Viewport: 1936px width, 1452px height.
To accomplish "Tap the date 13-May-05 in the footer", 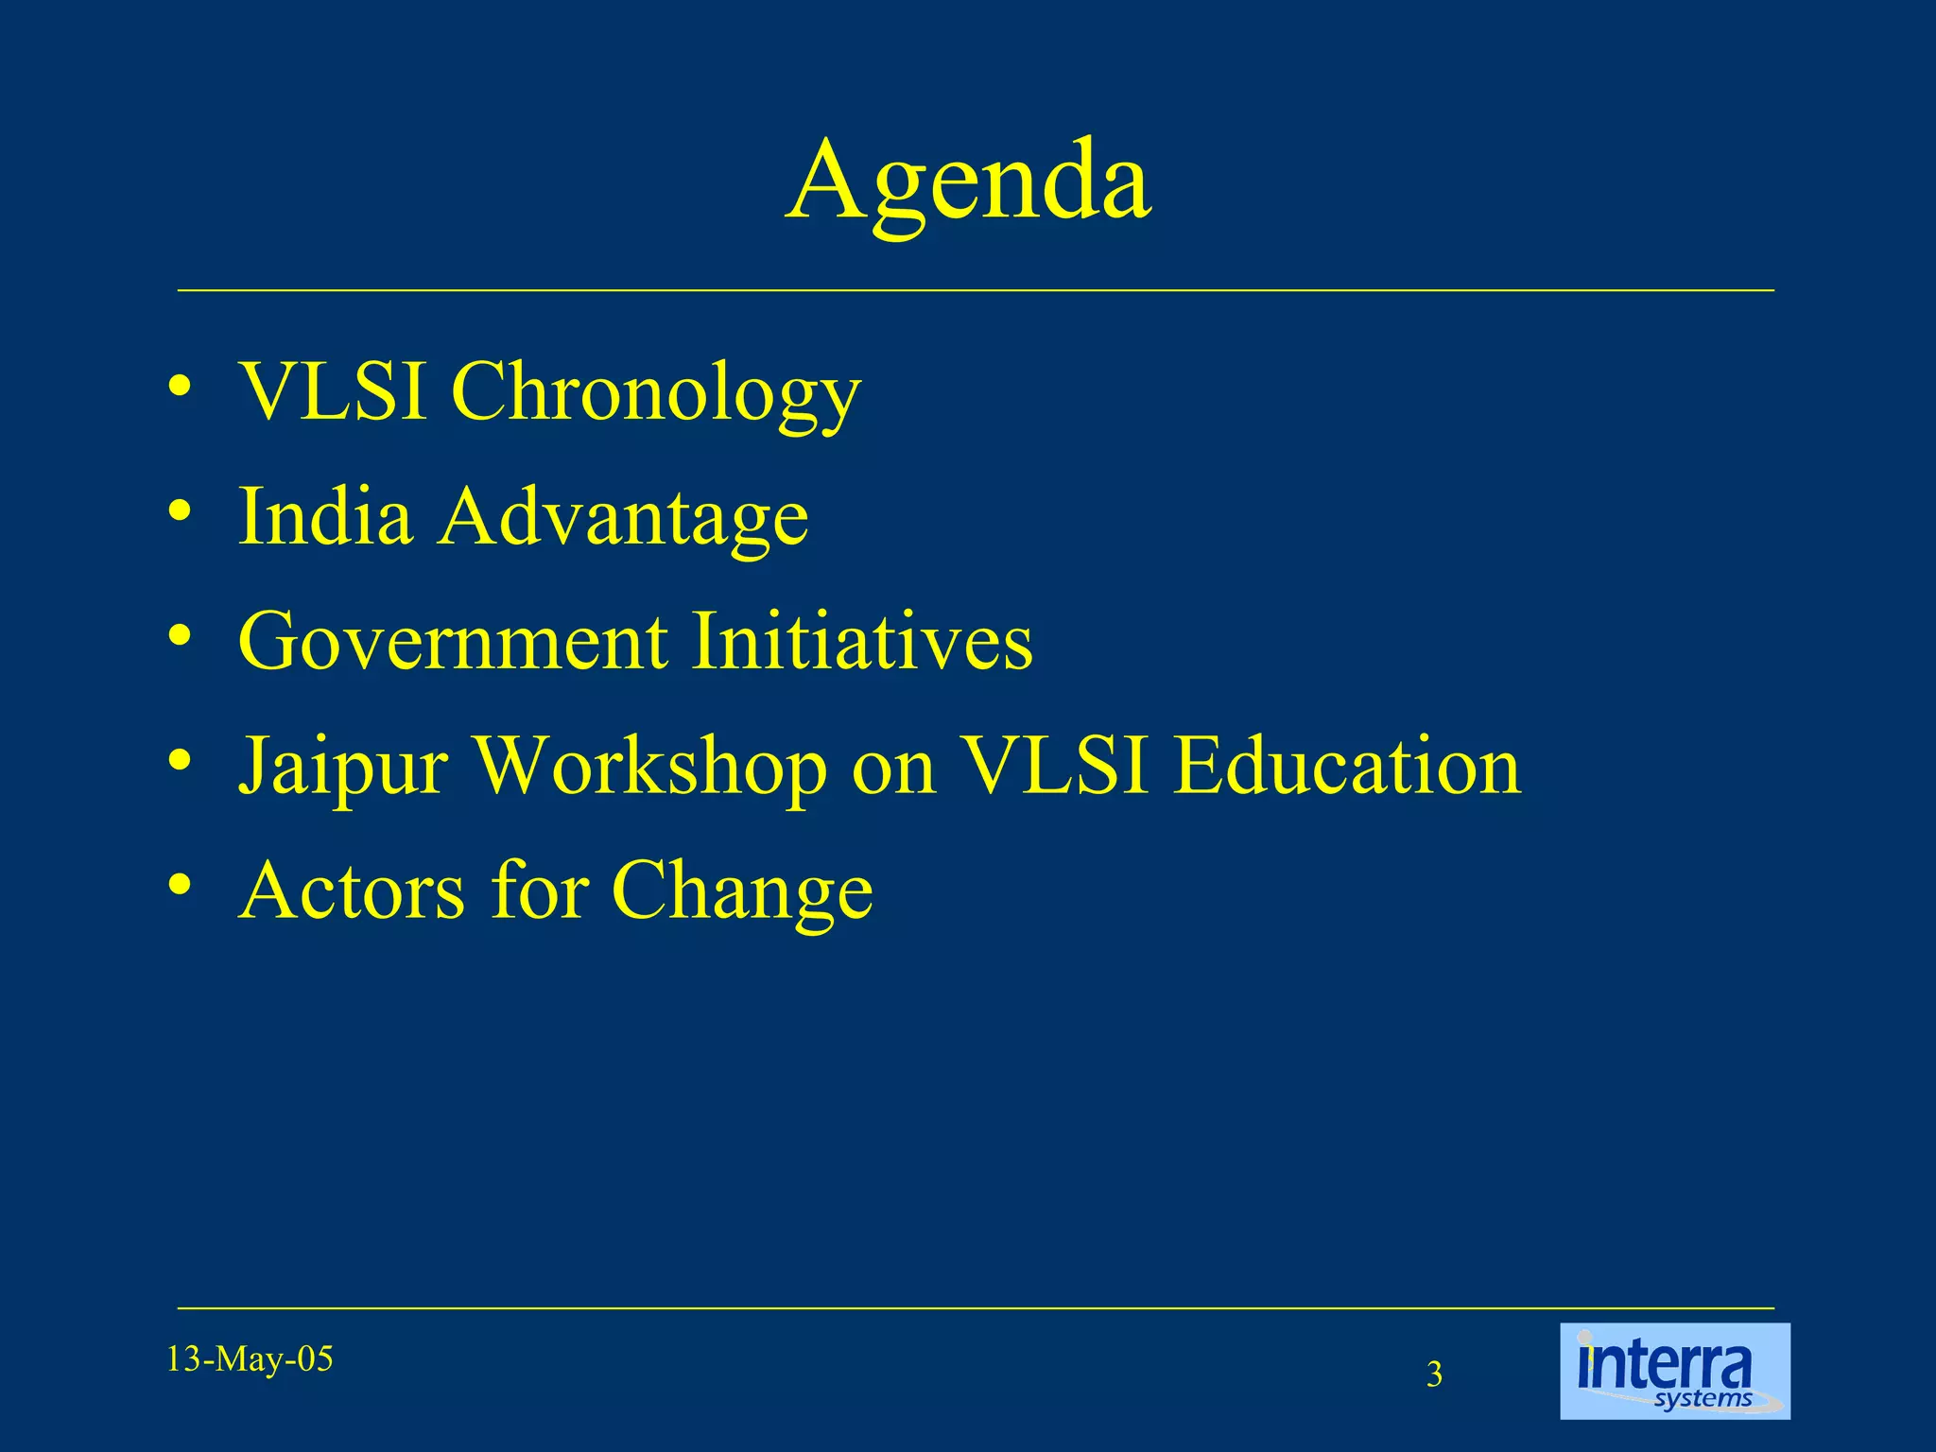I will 250,1359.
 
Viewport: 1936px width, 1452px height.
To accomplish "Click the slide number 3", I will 1434,1374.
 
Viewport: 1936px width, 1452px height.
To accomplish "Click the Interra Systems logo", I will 1674,1371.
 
